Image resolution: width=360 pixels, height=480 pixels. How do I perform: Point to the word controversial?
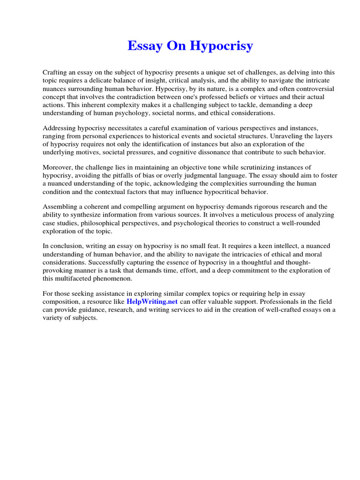pyautogui.click(x=315, y=89)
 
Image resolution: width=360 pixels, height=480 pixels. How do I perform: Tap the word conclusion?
pyautogui.click(x=66, y=246)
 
